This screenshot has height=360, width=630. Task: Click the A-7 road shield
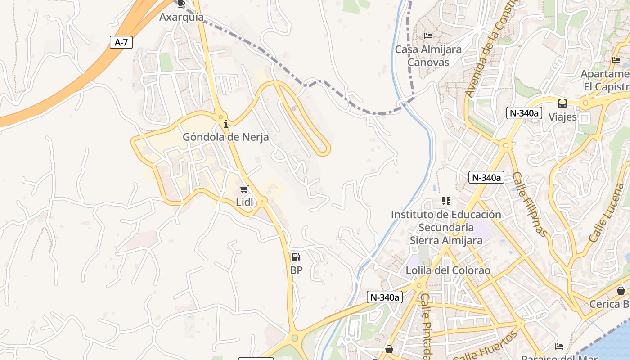point(121,43)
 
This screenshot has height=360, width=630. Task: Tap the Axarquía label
point(181,18)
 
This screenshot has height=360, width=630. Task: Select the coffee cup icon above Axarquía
point(181,4)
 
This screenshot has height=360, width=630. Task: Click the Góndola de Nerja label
point(225,137)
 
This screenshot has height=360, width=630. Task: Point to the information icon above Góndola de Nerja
point(226,123)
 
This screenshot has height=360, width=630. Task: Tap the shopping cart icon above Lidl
point(244,189)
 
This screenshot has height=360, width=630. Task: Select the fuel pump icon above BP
point(296,257)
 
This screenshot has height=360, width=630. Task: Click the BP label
point(297,270)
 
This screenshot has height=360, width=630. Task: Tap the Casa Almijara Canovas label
point(428,56)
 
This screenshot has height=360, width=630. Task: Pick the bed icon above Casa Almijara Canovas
point(428,36)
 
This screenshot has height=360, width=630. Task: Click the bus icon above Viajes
point(562,103)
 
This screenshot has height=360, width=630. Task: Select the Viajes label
point(562,117)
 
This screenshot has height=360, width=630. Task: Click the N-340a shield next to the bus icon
point(523,113)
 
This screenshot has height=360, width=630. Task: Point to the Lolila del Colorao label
point(442,271)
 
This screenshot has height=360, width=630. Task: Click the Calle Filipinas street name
point(530,205)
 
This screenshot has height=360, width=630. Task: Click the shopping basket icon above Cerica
point(621,291)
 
